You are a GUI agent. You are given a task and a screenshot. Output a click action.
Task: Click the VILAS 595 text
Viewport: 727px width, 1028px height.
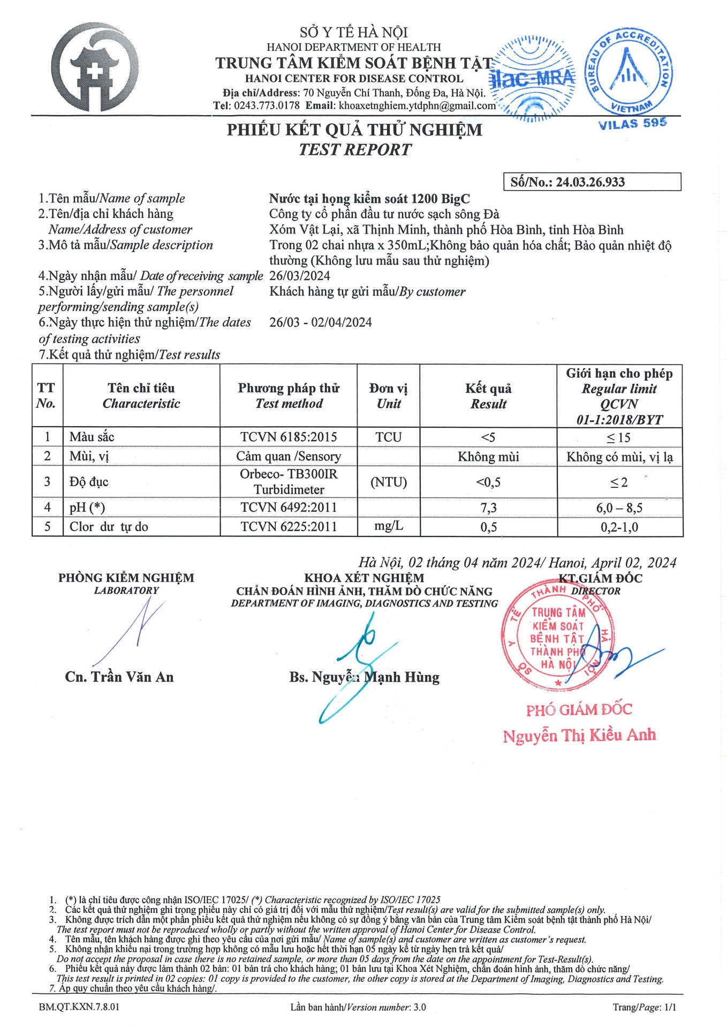632,124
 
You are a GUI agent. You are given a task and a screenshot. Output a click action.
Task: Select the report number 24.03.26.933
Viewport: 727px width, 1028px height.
590,182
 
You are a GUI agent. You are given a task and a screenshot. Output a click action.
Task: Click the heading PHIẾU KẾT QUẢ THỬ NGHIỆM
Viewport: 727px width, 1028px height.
354,130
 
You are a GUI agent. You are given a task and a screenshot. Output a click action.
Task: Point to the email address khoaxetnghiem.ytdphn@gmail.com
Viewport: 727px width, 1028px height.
417,105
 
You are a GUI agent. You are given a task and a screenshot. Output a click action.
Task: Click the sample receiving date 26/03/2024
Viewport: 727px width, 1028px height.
300,276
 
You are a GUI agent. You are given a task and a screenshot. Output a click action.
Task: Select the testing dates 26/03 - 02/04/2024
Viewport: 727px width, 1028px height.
320,322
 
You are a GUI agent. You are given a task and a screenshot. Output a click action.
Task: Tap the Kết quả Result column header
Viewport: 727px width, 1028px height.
488,396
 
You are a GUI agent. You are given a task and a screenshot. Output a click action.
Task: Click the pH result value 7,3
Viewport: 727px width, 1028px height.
488,508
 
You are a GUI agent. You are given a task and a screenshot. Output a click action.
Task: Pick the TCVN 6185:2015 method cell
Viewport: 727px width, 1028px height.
289,437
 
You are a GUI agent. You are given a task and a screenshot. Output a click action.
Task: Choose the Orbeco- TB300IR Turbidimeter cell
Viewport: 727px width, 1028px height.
289,482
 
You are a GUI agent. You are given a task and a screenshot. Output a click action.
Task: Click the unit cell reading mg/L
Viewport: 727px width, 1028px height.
389,526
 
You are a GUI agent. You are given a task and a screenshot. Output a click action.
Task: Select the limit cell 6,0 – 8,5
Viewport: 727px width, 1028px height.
619,508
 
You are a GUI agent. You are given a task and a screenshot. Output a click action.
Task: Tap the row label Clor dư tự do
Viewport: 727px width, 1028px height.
109,527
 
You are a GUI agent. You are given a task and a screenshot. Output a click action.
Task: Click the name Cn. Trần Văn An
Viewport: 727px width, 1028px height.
119,677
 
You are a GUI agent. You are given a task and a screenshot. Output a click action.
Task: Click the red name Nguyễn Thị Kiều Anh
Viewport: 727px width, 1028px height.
579,736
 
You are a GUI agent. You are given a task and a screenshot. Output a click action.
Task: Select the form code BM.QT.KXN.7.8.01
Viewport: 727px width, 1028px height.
79,1007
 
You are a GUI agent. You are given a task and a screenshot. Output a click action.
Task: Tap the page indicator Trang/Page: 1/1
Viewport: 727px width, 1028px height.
644,1007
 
